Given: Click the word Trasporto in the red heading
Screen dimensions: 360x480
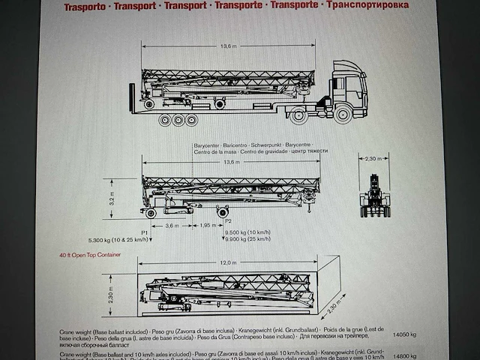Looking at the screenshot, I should click(x=85, y=7).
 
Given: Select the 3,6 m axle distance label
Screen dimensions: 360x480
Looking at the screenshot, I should click(x=171, y=226).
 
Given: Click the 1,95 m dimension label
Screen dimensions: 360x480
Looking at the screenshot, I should click(x=207, y=226).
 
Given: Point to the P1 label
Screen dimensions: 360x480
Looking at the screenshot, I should click(x=145, y=232).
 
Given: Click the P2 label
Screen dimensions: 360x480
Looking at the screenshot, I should click(x=227, y=220).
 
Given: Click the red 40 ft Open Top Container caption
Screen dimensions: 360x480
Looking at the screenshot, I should click(x=91, y=256).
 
